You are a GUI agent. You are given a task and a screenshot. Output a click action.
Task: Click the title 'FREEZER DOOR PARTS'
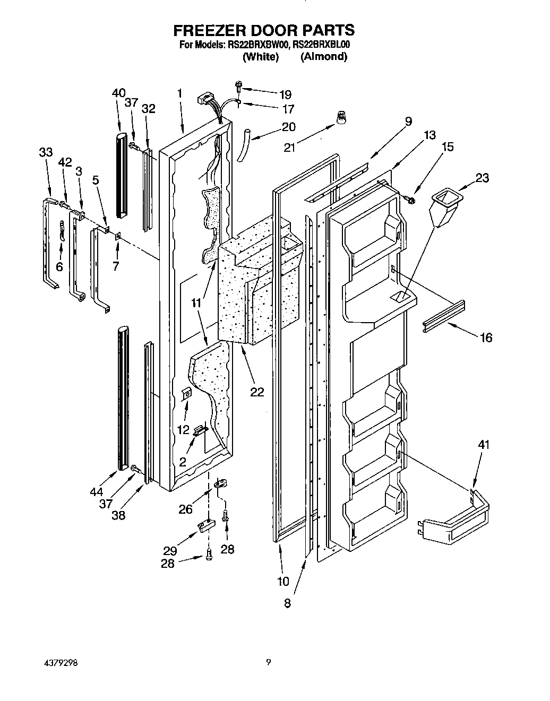(264, 30)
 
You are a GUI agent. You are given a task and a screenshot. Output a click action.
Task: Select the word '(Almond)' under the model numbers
(324, 56)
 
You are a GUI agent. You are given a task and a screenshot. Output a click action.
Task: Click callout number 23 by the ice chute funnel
(482, 178)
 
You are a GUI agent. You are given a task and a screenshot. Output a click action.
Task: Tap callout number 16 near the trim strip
(486, 337)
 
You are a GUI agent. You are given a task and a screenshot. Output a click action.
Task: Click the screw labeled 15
(410, 199)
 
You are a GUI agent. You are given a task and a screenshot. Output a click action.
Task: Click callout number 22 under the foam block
(257, 392)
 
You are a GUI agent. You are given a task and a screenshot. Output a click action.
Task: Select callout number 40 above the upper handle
(119, 93)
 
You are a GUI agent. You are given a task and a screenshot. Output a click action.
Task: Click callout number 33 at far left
(46, 152)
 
